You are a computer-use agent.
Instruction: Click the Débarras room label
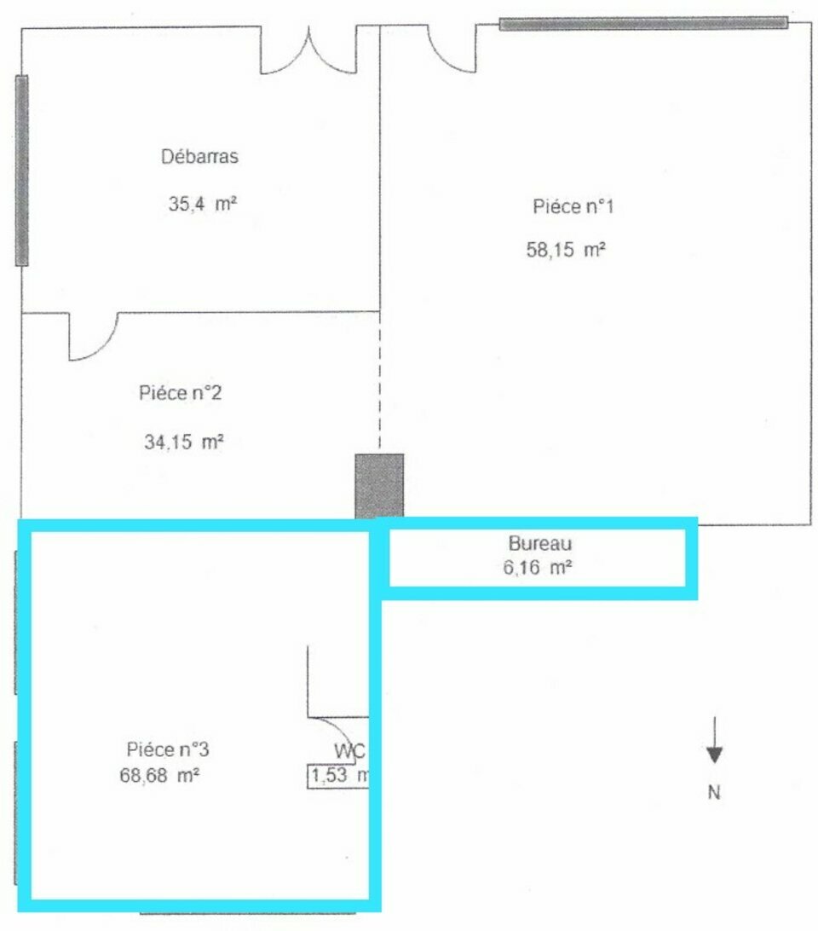point(199,156)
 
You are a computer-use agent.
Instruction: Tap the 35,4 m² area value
point(203,204)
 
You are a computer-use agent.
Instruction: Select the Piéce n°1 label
point(573,206)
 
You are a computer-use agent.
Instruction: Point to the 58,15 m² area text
point(566,249)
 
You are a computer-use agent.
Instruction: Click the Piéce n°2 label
point(180,392)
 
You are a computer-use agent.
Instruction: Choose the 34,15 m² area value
point(183,442)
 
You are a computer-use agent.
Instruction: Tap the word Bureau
point(540,543)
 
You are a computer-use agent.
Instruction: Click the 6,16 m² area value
point(537,568)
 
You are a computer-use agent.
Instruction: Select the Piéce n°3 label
point(167,749)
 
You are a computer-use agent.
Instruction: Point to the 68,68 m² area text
point(159,775)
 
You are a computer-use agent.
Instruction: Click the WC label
point(350,751)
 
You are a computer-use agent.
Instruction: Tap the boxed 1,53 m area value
point(338,776)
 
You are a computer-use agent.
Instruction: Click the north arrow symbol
point(714,740)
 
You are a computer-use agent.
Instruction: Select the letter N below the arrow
point(713,792)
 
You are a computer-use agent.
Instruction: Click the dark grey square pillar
point(379,486)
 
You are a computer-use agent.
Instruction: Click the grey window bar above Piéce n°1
point(643,23)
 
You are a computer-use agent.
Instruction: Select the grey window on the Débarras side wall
point(21,171)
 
